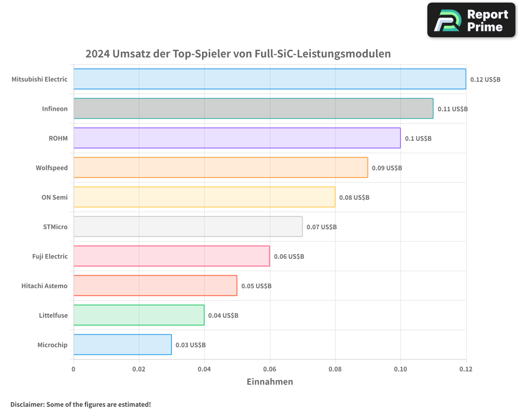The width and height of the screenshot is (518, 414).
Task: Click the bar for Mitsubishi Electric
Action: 269,79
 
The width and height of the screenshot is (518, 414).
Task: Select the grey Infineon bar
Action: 253,109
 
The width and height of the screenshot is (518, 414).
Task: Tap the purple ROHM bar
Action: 237,138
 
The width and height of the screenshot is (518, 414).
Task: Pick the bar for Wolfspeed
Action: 221,168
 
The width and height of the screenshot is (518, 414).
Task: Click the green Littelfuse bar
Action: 139,315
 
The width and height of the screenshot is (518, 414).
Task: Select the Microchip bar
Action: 122,345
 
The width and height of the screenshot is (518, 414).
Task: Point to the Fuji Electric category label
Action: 50,256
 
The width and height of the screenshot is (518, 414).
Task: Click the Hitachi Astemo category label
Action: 45,286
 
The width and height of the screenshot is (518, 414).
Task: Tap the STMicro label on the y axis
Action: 55,227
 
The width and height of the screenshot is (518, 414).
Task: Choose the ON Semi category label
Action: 54,197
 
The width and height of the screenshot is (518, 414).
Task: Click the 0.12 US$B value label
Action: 485,80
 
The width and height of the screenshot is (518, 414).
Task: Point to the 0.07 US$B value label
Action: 322,227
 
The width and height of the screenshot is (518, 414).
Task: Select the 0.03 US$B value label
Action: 191,345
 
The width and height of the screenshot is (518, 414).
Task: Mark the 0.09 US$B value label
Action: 387,168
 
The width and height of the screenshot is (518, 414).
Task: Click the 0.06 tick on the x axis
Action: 269,369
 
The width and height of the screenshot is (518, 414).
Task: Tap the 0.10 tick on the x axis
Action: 400,369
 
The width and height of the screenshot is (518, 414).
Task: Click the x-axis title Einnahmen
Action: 269,382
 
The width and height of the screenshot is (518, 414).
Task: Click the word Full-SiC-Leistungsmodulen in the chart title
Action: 323,54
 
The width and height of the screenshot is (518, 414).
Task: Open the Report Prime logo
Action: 471,20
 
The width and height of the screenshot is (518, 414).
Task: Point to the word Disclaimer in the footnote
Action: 27,404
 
